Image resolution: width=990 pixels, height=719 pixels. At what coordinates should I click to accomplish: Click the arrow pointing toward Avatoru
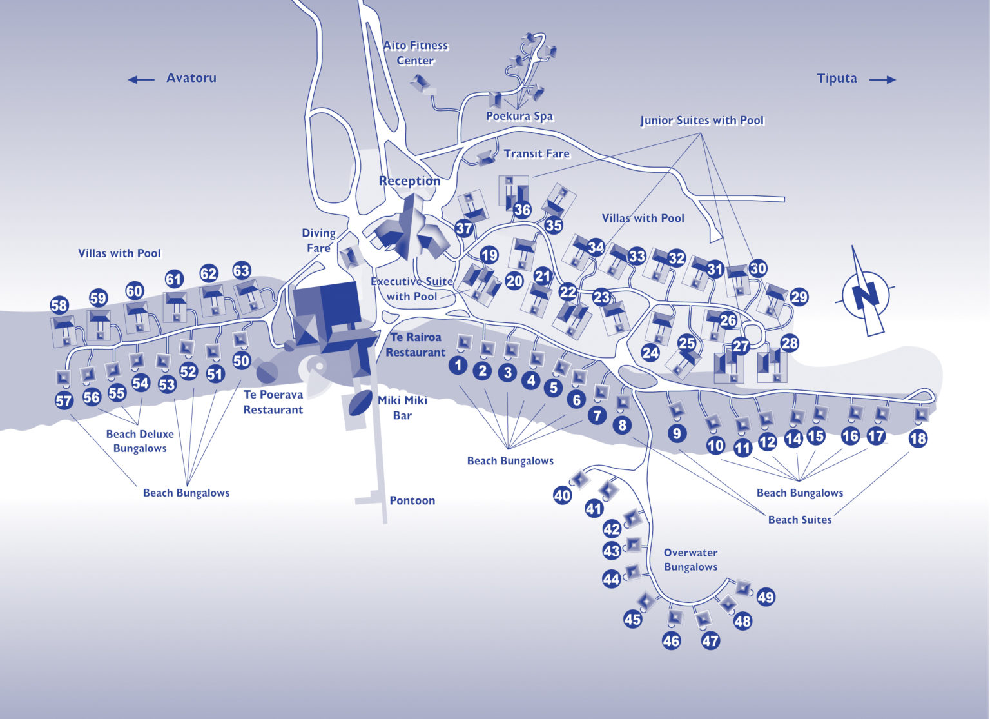click(x=141, y=79)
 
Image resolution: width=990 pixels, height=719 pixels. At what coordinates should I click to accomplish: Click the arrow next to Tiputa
click(x=882, y=79)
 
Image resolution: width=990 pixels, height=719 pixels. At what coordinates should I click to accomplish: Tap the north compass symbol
click(x=865, y=293)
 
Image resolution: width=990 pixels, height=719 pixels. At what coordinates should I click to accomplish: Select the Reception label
click(x=410, y=181)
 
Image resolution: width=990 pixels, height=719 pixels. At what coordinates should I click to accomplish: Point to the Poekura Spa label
click(x=519, y=116)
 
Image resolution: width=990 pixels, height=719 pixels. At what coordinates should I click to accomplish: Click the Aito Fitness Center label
click(x=416, y=53)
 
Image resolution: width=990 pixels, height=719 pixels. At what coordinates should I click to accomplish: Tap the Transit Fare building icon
click(x=486, y=158)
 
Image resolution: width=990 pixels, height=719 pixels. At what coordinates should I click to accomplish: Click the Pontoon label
click(x=412, y=500)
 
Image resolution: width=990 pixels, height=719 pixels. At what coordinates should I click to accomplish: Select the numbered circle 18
click(x=918, y=438)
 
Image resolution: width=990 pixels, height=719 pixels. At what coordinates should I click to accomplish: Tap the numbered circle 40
click(x=562, y=495)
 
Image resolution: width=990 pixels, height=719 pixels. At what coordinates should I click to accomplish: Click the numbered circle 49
click(x=766, y=597)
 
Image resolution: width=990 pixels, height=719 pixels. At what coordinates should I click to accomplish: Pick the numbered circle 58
click(x=59, y=305)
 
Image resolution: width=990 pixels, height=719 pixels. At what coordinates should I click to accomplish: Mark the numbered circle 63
click(x=241, y=271)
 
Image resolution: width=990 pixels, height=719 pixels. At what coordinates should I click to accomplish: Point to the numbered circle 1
click(x=458, y=365)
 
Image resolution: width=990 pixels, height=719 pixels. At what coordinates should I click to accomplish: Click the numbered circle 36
click(x=523, y=210)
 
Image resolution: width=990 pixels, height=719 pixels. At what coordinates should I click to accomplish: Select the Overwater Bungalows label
click(x=690, y=560)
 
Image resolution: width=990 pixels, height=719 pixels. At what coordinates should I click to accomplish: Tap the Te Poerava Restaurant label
click(x=273, y=402)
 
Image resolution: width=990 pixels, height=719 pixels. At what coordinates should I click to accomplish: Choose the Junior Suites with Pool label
click(x=702, y=121)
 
